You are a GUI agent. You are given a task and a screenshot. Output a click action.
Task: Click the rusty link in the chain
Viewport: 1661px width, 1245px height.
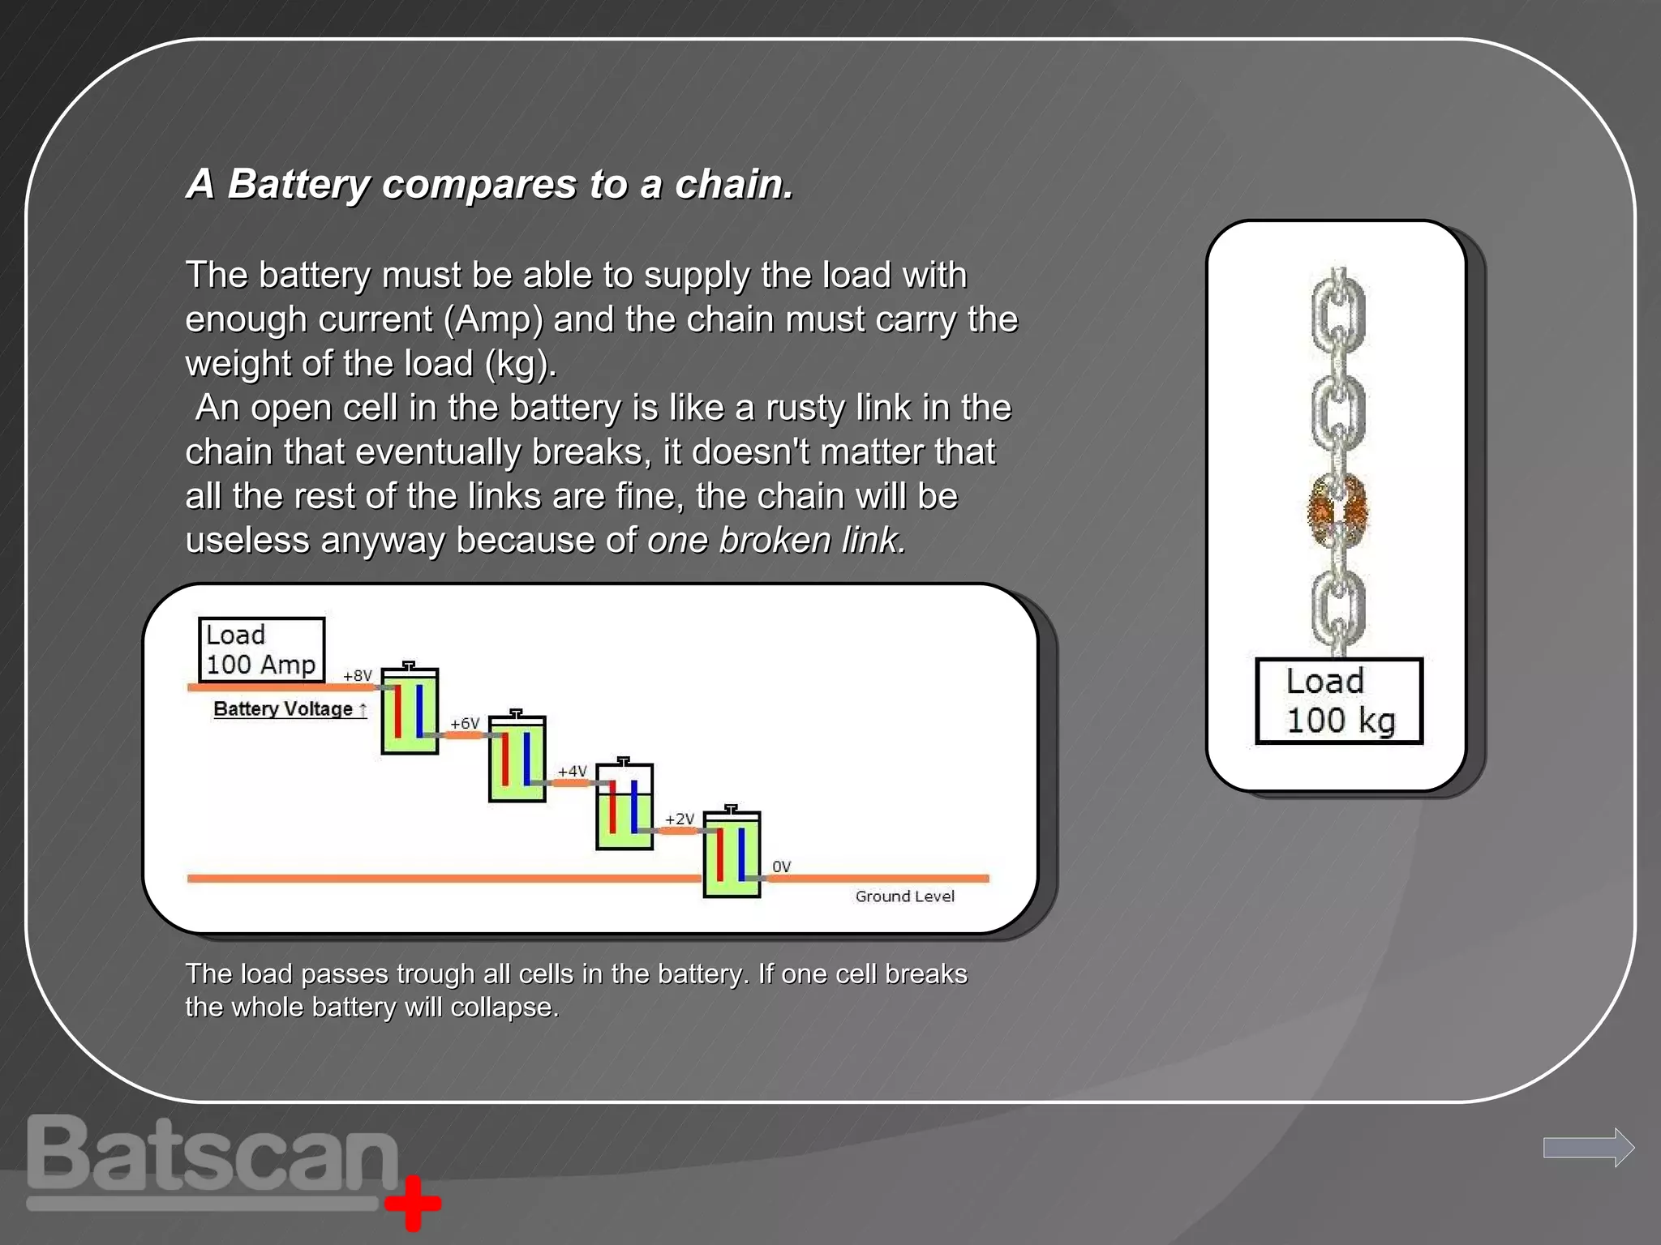[x=1338, y=511]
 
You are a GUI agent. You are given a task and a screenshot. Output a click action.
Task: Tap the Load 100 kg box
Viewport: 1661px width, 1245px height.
[x=1338, y=700]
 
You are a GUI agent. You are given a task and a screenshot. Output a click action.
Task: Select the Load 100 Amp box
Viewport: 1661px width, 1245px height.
[x=261, y=649]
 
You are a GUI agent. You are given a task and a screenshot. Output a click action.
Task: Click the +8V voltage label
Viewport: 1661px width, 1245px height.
[x=357, y=675]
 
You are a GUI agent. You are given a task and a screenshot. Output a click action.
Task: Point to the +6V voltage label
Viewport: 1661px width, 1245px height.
[x=465, y=723]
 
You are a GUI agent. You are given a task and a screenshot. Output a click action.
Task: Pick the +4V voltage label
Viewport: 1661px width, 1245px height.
[x=572, y=771]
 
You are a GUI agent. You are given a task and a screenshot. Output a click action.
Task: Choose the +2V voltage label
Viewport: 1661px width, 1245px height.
[x=680, y=819]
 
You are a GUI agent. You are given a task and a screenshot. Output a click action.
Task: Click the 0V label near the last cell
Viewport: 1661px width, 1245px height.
[x=781, y=866]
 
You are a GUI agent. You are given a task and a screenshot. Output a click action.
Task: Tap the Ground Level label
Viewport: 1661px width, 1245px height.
[x=904, y=896]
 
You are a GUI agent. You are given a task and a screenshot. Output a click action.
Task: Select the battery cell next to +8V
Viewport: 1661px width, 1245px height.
[x=410, y=710]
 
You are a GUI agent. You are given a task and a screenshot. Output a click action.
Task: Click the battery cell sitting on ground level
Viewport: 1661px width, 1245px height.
[x=732, y=853]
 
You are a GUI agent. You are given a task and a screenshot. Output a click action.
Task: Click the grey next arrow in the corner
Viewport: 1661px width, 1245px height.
[x=1588, y=1147]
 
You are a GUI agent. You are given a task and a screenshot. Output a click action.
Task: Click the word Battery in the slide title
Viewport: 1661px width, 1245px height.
[x=298, y=184]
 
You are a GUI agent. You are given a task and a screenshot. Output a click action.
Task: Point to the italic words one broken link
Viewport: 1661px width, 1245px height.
[x=776, y=540]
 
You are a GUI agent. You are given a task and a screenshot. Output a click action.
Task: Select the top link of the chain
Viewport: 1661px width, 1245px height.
[x=1338, y=312]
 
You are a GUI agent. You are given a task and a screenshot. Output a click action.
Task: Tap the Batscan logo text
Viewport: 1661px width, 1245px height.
[x=212, y=1155]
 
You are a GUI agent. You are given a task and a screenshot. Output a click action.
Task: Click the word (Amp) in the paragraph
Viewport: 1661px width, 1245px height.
[x=493, y=319]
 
